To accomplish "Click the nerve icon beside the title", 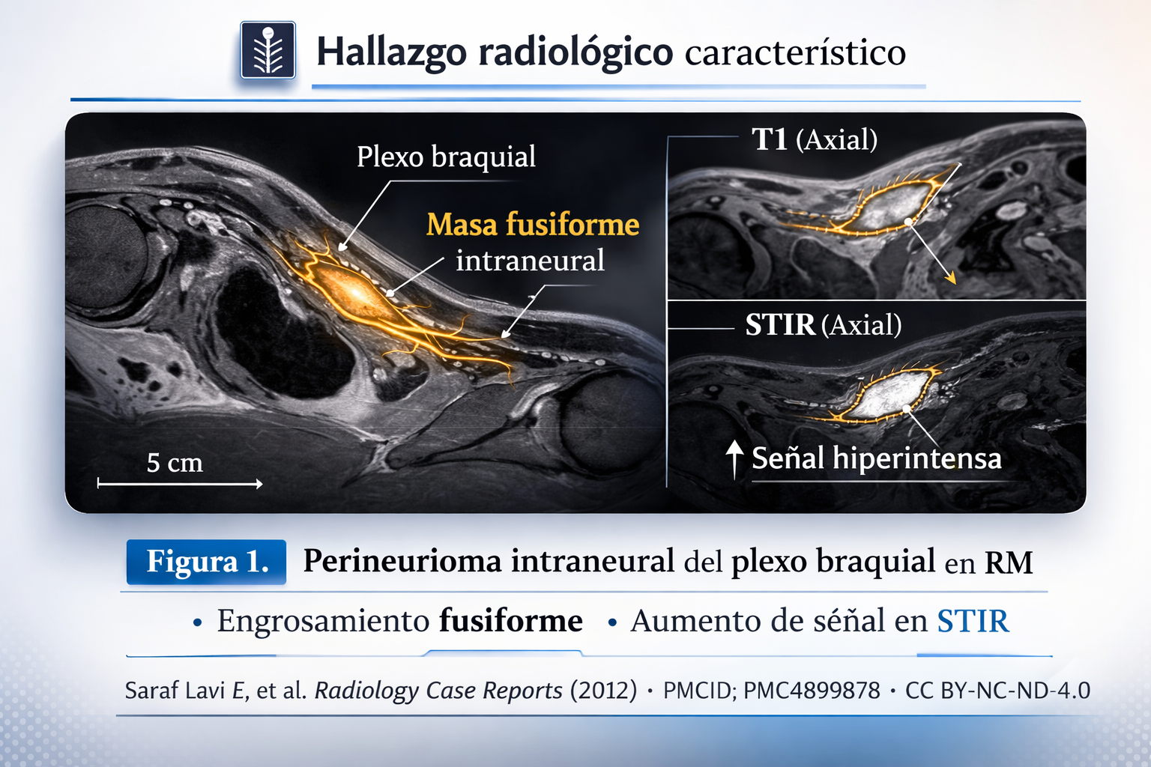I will click(x=268, y=50).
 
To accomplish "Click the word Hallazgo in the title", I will click(x=391, y=52).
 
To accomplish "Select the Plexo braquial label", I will click(x=446, y=157).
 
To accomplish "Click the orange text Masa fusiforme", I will click(x=533, y=225).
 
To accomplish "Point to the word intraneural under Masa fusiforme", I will click(x=530, y=261).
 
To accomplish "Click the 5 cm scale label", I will click(x=175, y=463).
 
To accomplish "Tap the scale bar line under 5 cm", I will click(x=180, y=484).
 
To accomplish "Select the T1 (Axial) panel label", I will click(x=815, y=139).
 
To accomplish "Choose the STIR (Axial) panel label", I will click(x=823, y=325).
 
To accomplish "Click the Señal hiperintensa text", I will click(x=876, y=458).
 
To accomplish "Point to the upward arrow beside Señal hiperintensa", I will click(x=734, y=458).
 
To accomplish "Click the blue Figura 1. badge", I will click(x=207, y=561).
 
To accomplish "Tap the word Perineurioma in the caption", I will click(x=402, y=561).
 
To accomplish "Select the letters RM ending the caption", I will click(x=1009, y=563).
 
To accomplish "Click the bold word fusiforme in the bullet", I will click(x=510, y=621).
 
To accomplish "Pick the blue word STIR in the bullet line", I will click(x=973, y=622).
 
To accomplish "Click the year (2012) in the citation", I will click(x=603, y=690).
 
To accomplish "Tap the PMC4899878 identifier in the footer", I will click(x=812, y=690).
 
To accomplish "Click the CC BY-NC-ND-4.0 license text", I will click(x=997, y=690).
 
